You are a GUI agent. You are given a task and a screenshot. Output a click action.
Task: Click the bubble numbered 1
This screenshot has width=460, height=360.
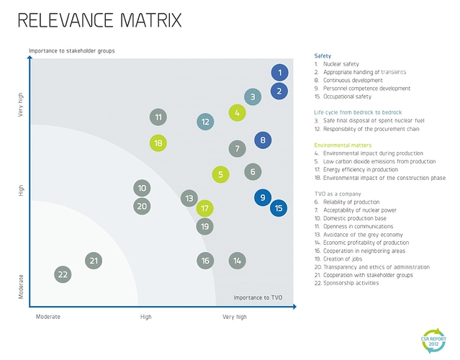point(280,73)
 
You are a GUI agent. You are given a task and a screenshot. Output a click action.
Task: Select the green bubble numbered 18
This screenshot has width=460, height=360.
point(158,143)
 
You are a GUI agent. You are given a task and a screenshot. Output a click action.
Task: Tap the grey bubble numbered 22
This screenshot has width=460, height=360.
point(63,274)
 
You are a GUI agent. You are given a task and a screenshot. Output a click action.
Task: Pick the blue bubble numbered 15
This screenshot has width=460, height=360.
point(279,209)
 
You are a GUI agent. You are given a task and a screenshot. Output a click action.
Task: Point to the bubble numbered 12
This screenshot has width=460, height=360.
point(206,122)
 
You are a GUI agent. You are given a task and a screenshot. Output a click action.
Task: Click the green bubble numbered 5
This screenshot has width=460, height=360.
point(221,174)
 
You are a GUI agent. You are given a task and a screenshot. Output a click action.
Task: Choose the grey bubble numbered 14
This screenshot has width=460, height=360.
point(237,261)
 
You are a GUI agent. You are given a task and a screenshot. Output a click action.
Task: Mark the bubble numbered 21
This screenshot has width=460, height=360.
point(94,261)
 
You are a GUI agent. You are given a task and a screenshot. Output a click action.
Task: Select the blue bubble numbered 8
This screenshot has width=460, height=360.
point(263,140)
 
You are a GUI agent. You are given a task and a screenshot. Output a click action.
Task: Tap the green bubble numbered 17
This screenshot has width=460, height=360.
point(205,209)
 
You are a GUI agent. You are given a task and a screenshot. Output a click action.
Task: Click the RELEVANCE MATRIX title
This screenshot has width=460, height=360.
point(99,21)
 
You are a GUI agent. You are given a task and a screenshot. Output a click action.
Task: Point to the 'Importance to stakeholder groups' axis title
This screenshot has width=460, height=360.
point(72,51)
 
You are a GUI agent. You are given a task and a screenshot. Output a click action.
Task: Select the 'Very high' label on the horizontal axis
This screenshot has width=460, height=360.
point(235,317)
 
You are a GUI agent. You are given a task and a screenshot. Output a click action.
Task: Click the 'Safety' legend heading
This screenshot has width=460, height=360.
point(323,55)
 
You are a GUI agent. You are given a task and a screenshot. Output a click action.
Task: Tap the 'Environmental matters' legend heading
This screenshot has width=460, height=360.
point(343,145)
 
